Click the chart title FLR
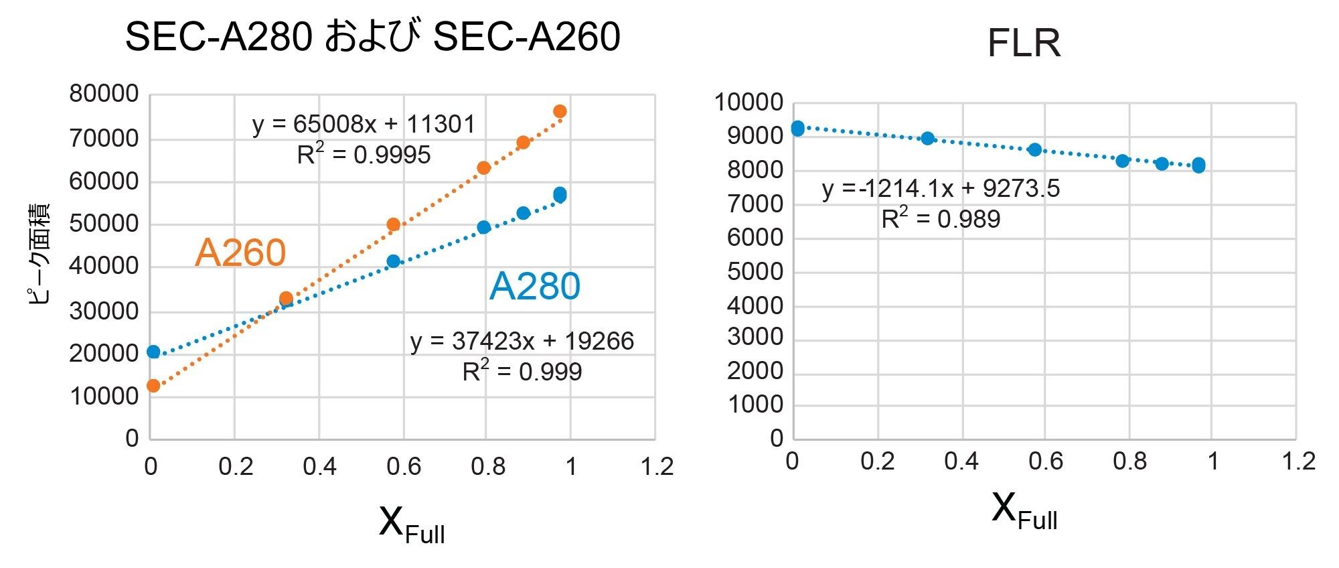(1024, 44)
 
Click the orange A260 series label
(240, 253)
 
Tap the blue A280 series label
(534, 287)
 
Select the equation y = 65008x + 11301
(364, 125)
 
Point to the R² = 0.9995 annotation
(364, 155)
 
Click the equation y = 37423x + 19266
(522, 342)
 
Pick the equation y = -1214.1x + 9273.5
(941, 189)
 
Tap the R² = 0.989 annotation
(941, 219)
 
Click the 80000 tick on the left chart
(104, 94)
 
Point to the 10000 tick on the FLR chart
(749, 103)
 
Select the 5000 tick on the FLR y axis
(755, 272)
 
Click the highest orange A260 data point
(560, 111)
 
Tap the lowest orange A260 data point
(153, 386)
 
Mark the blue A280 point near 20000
(153, 352)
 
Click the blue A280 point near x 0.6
(394, 261)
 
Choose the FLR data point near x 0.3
(927, 139)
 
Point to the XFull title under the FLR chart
(1024, 510)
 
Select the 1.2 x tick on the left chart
(656, 467)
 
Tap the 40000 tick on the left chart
(104, 266)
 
